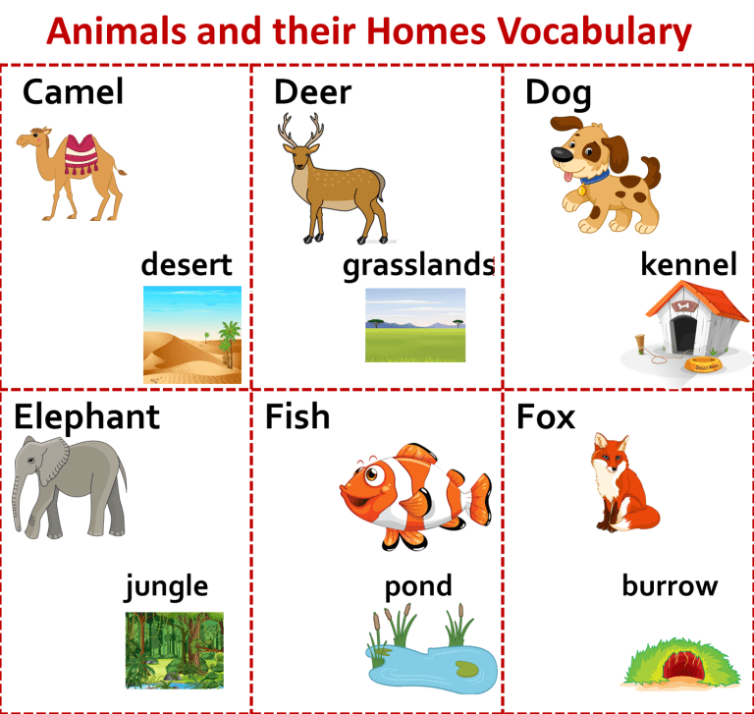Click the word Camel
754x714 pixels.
tap(73, 91)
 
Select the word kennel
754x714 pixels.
tap(688, 263)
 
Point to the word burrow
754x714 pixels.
tap(670, 585)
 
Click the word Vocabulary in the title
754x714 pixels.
tap(594, 31)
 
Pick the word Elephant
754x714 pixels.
tap(86, 416)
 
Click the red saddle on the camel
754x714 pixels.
tap(81, 153)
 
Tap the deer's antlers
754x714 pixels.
tap(300, 129)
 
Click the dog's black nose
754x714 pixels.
tap(562, 154)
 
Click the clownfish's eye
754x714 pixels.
tap(371, 475)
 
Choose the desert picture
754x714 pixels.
tap(192, 335)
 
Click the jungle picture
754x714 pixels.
tap(175, 650)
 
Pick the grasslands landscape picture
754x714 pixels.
tap(415, 325)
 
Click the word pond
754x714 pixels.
tap(418, 587)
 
